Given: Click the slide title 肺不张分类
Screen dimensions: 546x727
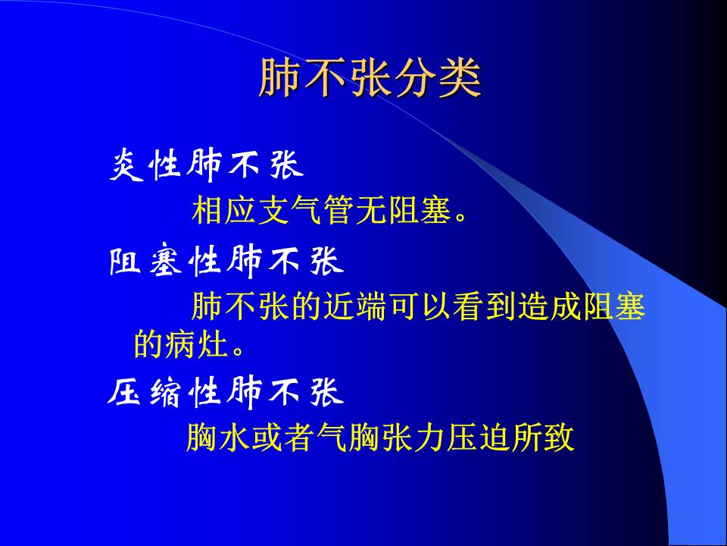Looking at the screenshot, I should click(370, 78).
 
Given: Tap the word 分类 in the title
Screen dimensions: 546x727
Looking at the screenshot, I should click(444, 78).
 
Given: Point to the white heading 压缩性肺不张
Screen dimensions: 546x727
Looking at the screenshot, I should click(226, 392).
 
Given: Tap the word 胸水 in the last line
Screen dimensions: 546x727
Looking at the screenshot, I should click(218, 438).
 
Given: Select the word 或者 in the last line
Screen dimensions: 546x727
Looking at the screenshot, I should click(282, 438).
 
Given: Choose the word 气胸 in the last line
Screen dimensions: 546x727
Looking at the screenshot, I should click(348, 438).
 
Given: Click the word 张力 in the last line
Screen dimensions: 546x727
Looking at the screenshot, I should click(413, 438).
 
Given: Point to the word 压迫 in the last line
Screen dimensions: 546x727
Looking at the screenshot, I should click(478, 438).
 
